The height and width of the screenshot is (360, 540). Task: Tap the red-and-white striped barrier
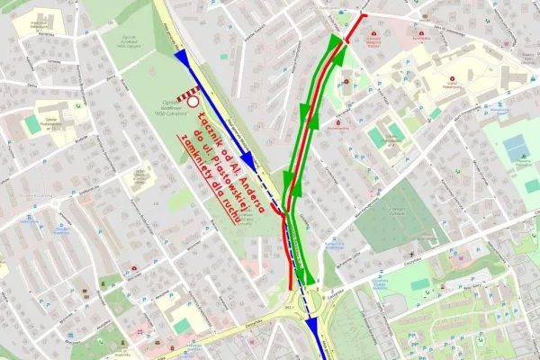coord(188,91)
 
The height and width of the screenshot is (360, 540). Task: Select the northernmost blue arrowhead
coord(183,58)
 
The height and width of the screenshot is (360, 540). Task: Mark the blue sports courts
coord(517,148)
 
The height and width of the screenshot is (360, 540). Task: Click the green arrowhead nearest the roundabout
coord(305,274)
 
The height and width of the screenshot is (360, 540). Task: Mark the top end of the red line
coord(364,15)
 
